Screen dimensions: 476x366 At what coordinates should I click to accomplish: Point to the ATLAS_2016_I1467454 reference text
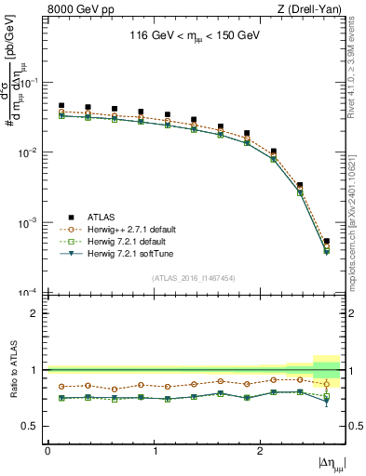tap(194, 278)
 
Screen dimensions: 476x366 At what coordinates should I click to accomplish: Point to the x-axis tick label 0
tap(47, 450)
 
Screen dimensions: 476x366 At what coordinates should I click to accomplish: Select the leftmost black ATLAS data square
tap(61, 106)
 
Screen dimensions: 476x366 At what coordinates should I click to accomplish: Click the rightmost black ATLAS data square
tap(326, 242)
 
